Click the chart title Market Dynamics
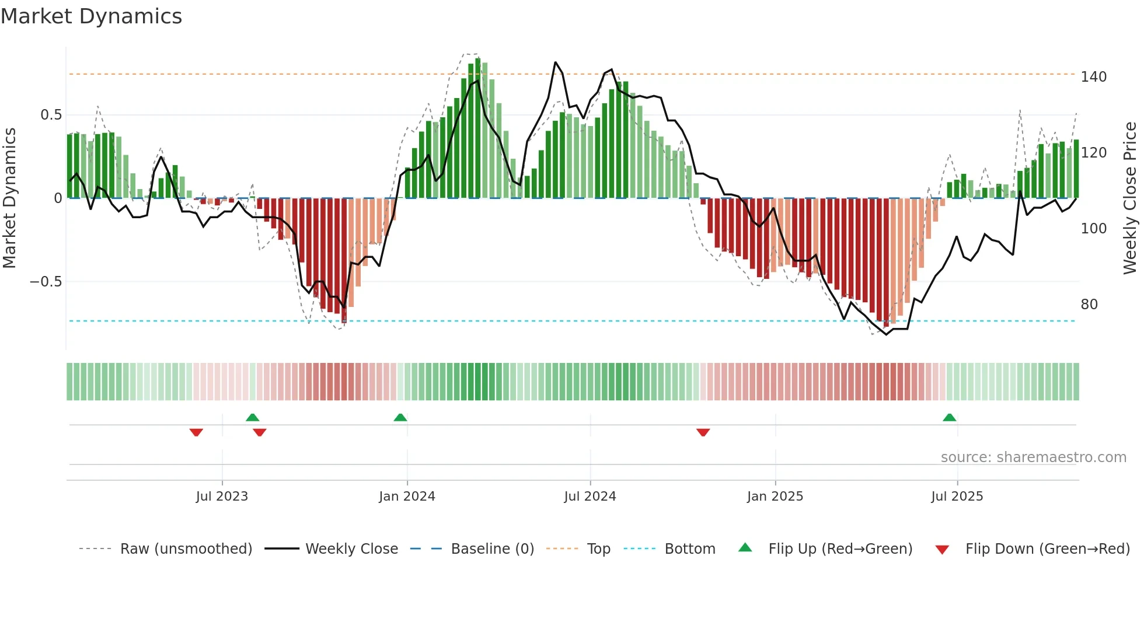[91, 16]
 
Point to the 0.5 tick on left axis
[51, 115]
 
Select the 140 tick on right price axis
[1093, 77]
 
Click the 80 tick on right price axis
[1089, 305]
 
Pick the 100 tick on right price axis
[1093, 229]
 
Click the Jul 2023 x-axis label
[222, 497]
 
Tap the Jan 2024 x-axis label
[407, 497]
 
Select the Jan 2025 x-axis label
[775, 497]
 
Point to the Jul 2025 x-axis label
[957, 497]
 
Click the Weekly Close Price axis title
[1130, 198]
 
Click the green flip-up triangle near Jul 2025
[950, 418]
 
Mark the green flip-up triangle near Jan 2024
[400, 418]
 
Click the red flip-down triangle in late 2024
[703, 432]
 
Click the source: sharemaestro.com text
[1033, 457]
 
